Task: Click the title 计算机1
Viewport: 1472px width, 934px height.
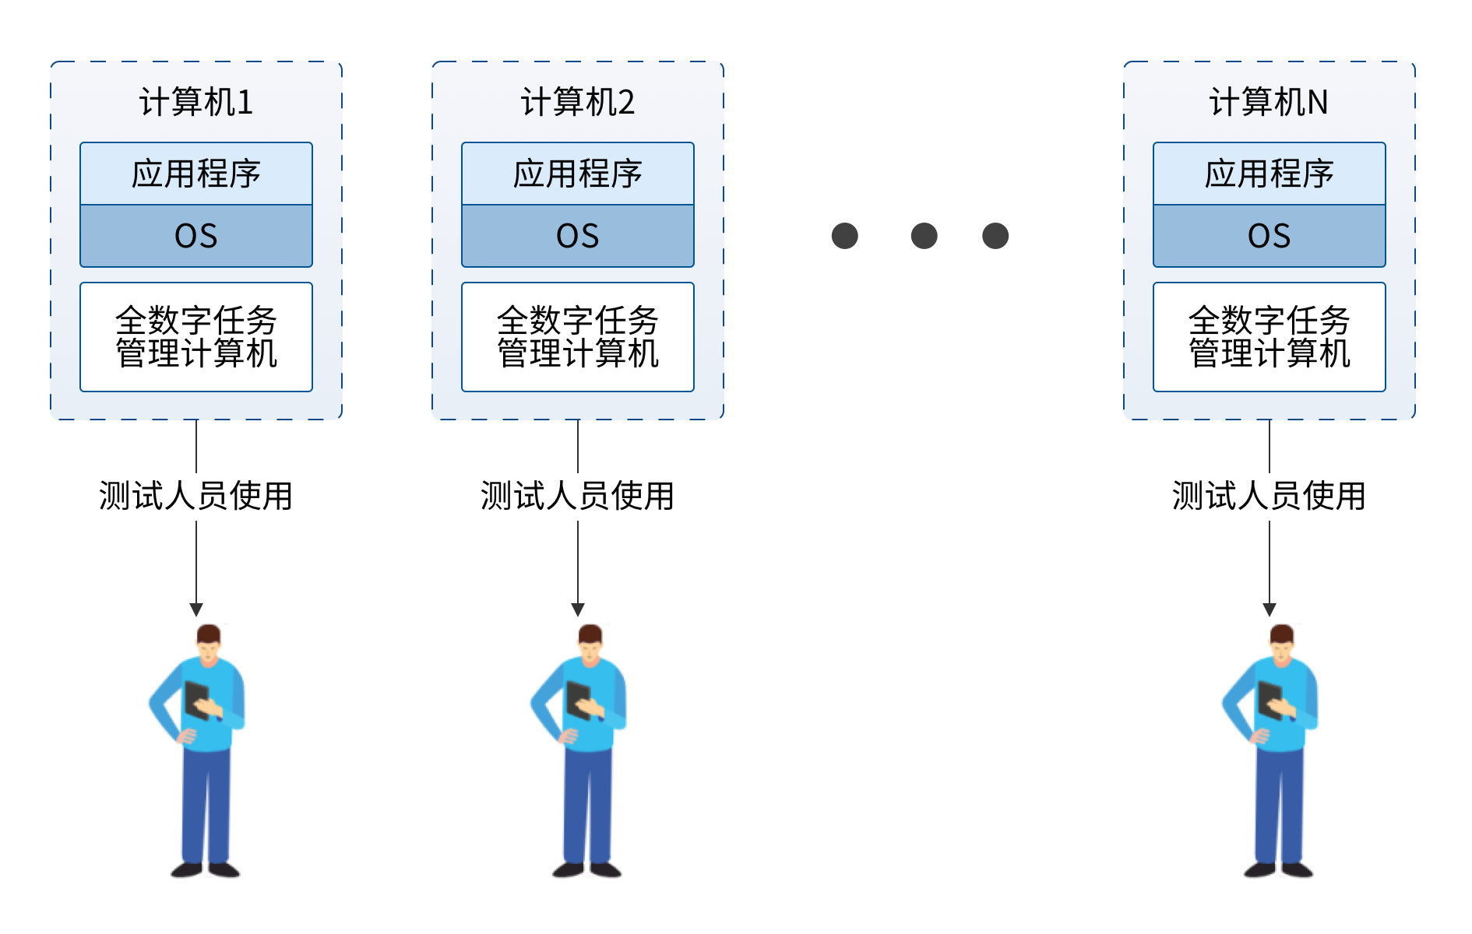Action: [196, 102]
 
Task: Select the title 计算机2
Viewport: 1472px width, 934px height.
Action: [578, 102]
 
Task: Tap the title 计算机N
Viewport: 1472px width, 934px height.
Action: [1269, 102]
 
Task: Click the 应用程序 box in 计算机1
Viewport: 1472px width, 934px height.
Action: [196, 174]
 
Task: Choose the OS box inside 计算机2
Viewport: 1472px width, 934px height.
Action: [578, 236]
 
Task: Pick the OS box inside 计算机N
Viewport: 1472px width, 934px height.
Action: [1270, 236]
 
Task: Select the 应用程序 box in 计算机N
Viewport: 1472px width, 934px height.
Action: [1270, 174]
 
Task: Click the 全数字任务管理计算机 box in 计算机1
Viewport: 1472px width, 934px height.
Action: [196, 337]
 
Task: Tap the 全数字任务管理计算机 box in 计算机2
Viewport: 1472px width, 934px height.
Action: [578, 337]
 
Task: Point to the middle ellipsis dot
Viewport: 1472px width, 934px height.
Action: [924, 236]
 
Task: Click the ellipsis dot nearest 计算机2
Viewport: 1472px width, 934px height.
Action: [845, 236]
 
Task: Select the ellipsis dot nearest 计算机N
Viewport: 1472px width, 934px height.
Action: [995, 236]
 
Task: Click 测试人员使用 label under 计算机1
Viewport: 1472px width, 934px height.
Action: [196, 496]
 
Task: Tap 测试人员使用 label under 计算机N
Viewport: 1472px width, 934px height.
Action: [1270, 496]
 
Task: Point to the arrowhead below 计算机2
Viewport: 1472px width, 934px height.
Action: [578, 609]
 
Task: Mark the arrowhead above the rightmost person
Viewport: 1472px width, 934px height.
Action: [1270, 609]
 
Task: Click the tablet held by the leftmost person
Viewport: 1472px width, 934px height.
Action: [196, 698]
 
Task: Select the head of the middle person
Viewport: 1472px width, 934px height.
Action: [590, 641]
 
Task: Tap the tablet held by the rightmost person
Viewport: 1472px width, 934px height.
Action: [1270, 698]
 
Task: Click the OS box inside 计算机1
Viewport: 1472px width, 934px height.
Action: [196, 236]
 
